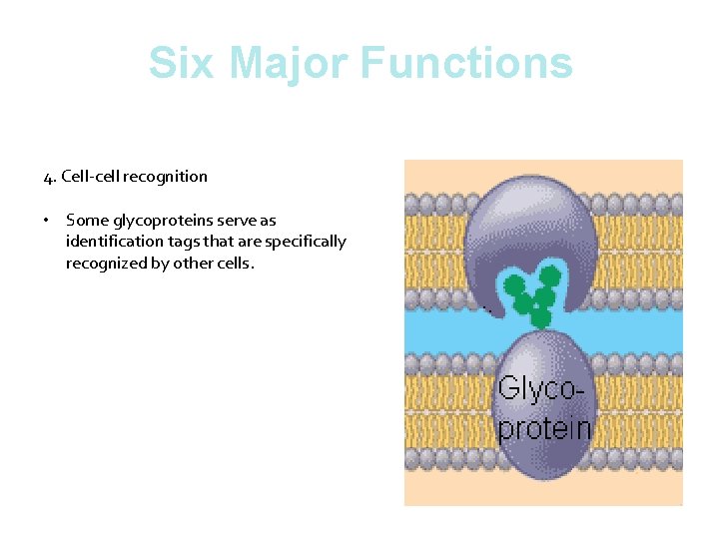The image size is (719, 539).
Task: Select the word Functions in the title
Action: tap(465, 63)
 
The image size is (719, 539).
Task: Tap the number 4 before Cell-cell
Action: tap(48, 177)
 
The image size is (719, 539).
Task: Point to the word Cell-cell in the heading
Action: tap(91, 177)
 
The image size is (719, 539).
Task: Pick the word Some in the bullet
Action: tap(85, 220)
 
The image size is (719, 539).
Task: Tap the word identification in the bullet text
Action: tap(110, 242)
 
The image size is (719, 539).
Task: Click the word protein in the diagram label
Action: tap(543, 428)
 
